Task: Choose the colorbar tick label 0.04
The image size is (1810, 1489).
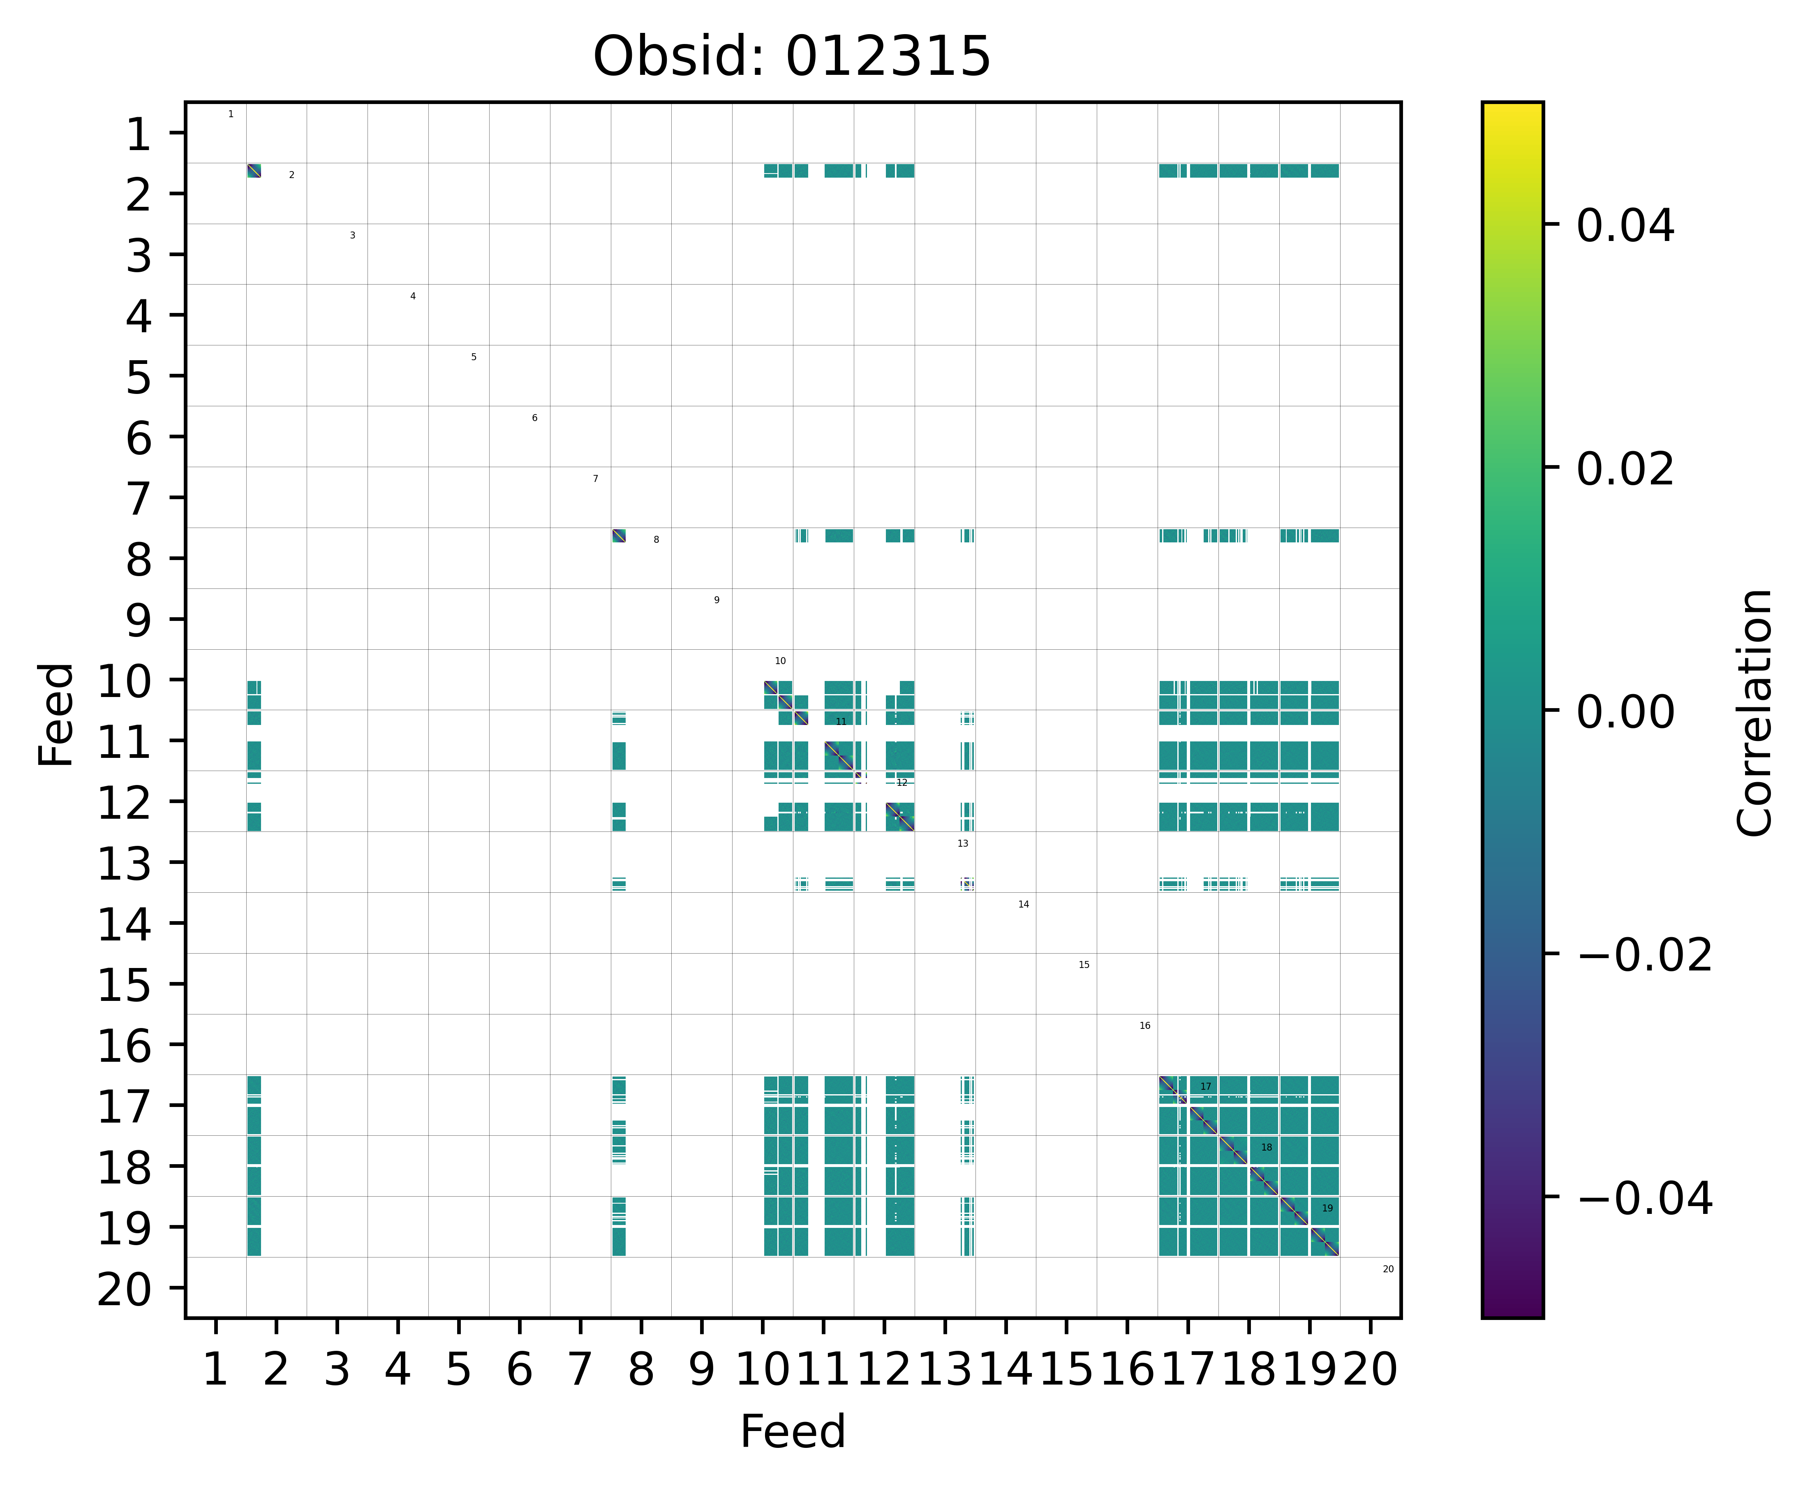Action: click(1625, 227)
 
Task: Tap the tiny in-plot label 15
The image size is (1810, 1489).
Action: click(1084, 965)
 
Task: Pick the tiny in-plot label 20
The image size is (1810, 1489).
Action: click(1388, 1269)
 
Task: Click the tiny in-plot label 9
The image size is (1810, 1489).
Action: click(717, 600)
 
